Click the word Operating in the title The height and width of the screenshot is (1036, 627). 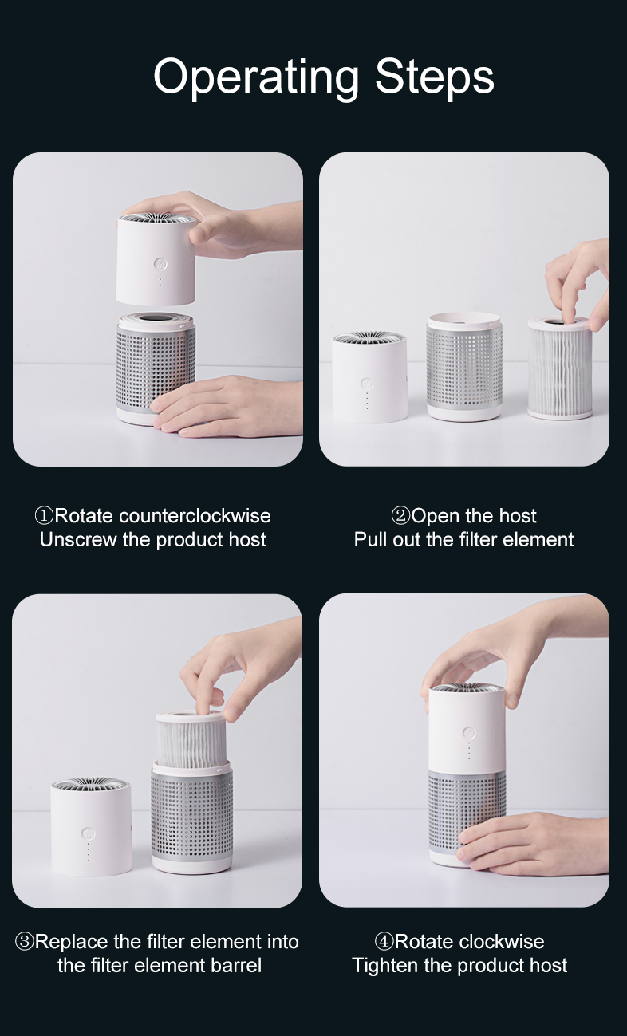[x=256, y=77]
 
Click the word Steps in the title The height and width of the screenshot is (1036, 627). [x=435, y=77]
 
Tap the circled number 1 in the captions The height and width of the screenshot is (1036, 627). [x=45, y=516]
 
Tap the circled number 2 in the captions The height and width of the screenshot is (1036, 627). [x=400, y=516]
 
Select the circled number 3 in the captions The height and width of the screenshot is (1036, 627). [x=25, y=941]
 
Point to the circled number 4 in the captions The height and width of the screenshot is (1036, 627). [x=384, y=941]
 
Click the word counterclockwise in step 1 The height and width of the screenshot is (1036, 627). [x=195, y=516]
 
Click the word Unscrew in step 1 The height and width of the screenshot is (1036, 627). [x=78, y=539]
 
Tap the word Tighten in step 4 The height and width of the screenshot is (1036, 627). [x=385, y=965]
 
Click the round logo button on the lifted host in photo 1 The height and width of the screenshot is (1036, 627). [x=160, y=265]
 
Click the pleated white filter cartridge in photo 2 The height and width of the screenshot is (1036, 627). [x=560, y=368]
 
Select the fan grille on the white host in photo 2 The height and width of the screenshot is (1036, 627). [x=369, y=337]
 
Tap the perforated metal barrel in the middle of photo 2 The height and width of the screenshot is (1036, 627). [x=464, y=367]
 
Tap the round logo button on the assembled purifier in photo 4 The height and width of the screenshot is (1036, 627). [x=469, y=733]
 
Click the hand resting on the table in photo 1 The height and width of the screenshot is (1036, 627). [x=227, y=406]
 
